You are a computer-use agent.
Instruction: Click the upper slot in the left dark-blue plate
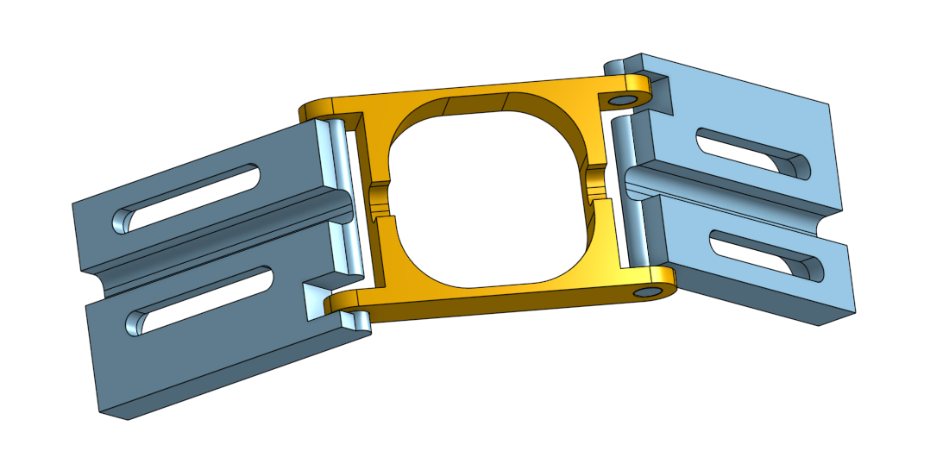190,197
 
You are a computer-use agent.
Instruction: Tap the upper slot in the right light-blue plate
752,152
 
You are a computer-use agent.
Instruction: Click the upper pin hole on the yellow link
620,101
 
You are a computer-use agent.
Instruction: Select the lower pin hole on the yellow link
644,294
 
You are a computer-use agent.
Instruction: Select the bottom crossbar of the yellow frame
500,298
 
